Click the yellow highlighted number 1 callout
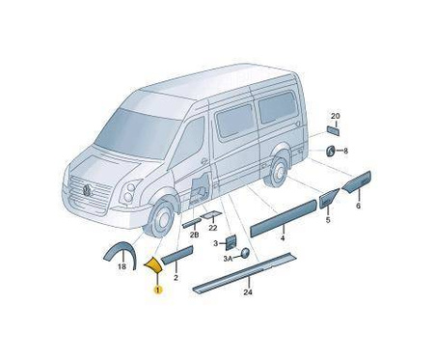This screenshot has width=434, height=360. click(x=158, y=290)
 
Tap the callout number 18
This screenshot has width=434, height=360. click(x=122, y=266)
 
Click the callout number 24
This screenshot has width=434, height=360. click(x=248, y=292)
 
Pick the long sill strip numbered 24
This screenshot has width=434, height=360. click(x=245, y=273)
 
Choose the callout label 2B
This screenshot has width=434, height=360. click(x=194, y=235)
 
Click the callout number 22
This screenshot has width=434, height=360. click(x=213, y=228)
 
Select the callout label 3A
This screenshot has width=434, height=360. click(x=229, y=258)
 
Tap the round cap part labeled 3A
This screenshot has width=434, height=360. click(x=245, y=253)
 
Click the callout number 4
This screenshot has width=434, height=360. click(x=283, y=238)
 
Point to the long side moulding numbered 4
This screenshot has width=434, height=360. click(x=284, y=218)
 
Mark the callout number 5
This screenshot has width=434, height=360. click(x=328, y=220)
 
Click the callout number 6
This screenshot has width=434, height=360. click(x=359, y=206)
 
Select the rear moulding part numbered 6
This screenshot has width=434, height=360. click(x=357, y=181)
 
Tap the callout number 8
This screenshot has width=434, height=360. click(x=345, y=151)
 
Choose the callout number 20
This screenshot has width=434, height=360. click(x=336, y=116)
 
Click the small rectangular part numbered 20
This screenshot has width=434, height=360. click(x=333, y=131)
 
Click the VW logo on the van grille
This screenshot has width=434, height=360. click(x=88, y=190)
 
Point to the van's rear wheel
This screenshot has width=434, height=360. click(x=277, y=172)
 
